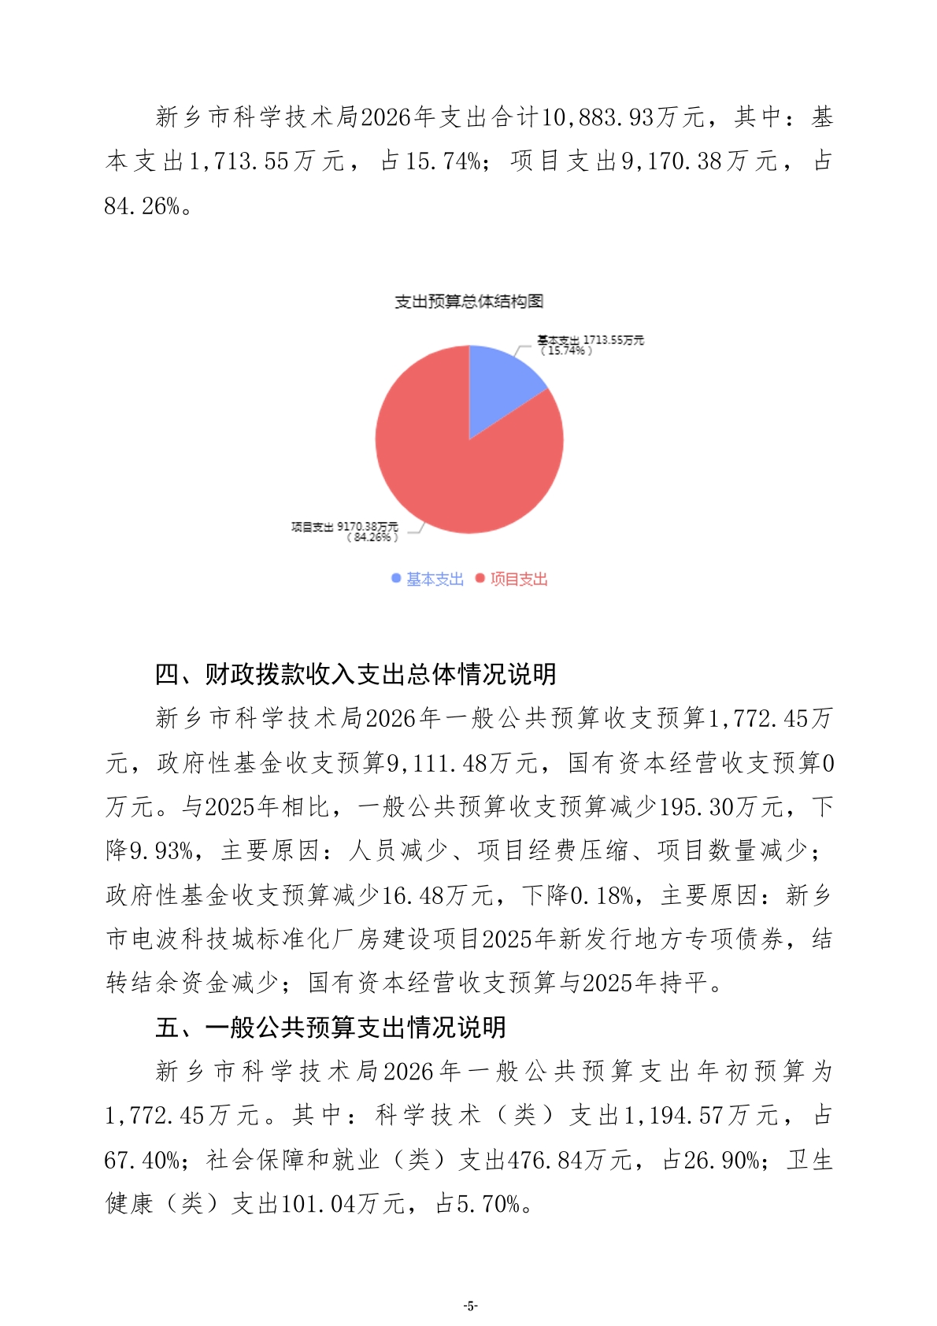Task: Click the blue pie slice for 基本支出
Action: pos(499,386)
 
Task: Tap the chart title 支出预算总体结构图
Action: pos(468,302)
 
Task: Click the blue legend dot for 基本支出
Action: pos(396,579)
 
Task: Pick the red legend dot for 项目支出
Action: pos(480,579)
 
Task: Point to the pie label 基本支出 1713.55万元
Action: pos(591,340)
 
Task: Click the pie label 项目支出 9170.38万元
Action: pos(344,527)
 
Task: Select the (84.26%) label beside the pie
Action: pos(372,538)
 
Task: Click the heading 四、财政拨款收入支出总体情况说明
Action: pos(355,674)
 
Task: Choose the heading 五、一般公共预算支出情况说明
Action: pos(330,1027)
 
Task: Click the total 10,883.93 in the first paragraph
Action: pos(598,117)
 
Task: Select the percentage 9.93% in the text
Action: pos(161,850)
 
